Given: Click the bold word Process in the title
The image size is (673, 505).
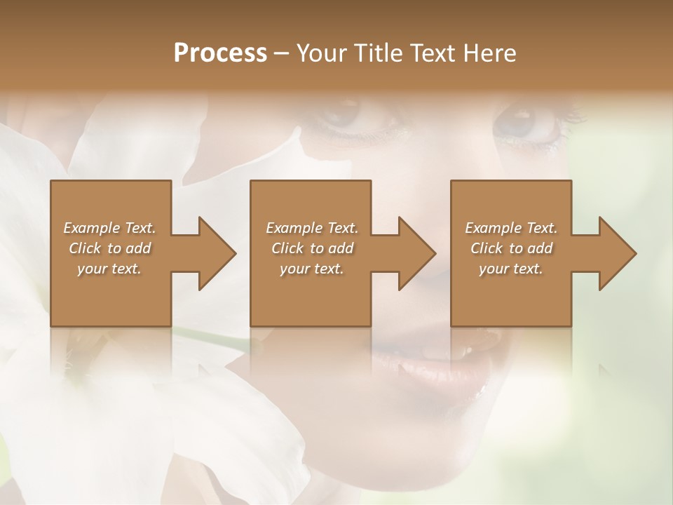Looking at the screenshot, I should click(220, 53).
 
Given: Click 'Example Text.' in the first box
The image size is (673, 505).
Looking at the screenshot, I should click(109, 228).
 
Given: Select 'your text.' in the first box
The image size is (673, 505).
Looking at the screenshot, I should click(109, 269).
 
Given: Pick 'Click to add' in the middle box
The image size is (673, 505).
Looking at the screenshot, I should click(312, 248).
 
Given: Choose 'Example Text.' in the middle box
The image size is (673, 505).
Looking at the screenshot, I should click(312, 228).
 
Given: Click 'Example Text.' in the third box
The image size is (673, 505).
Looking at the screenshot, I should click(511, 228).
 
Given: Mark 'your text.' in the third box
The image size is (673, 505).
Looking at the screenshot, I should click(511, 269).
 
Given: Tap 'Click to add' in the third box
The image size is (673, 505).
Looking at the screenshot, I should click(511, 248).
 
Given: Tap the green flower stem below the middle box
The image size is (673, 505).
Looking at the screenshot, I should click(210, 333).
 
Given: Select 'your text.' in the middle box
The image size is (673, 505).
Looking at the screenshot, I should click(312, 269).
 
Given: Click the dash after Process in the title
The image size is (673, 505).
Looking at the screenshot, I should click(282, 53).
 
